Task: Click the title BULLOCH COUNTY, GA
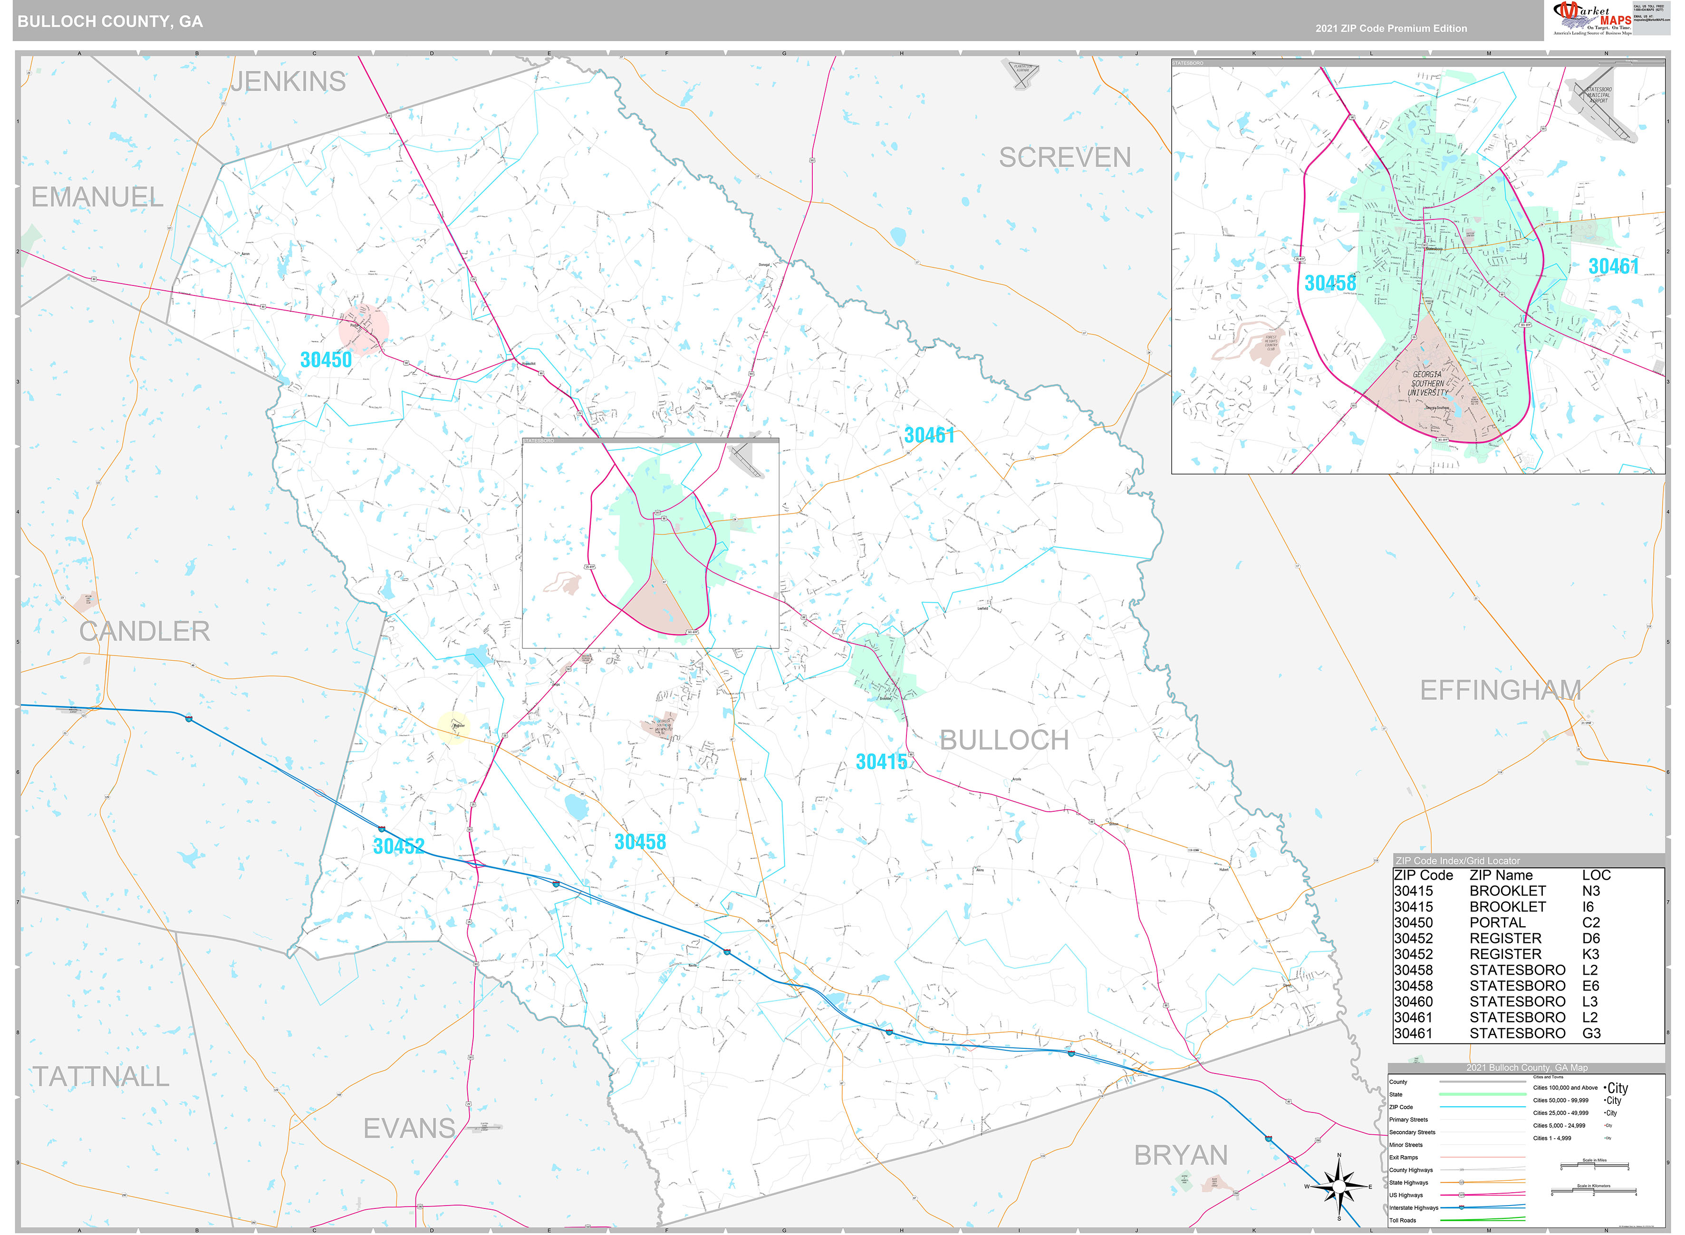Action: (x=110, y=21)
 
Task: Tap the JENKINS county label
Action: (x=288, y=82)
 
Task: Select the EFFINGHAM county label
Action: (x=1500, y=690)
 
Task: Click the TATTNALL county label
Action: (x=101, y=1076)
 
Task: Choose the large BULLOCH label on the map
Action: (x=1004, y=740)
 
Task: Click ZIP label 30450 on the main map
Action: (x=326, y=360)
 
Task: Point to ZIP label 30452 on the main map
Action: (x=399, y=846)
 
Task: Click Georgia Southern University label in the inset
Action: (x=1428, y=383)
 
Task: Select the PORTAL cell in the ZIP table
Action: (x=1496, y=922)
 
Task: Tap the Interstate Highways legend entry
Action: (x=1414, y=1207)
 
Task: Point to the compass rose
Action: (x=1338, y=1187)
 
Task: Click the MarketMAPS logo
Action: (x=1591, y=18)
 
